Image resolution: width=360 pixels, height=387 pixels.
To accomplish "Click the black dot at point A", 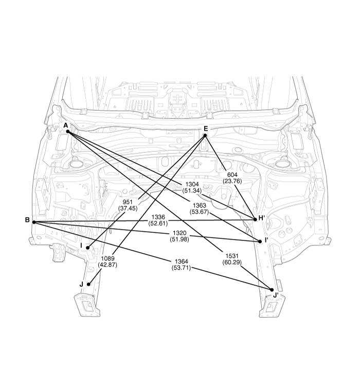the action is point(68,132).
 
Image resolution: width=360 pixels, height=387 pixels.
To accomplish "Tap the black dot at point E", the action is point(205,135).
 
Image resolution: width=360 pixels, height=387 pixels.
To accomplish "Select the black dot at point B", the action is point(34,222).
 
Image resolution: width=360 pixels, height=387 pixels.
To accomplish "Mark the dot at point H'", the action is point(255,219).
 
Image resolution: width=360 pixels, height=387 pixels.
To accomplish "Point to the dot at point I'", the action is point(260,241).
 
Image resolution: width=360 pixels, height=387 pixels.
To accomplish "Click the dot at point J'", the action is point(272,290).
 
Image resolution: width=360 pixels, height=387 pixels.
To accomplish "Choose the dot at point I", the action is point(88,248).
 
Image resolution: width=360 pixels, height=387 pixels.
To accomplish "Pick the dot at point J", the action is point(88,284).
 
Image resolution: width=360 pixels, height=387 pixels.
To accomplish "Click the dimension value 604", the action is point(232,175).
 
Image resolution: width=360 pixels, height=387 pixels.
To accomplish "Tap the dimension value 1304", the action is point(192,184).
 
